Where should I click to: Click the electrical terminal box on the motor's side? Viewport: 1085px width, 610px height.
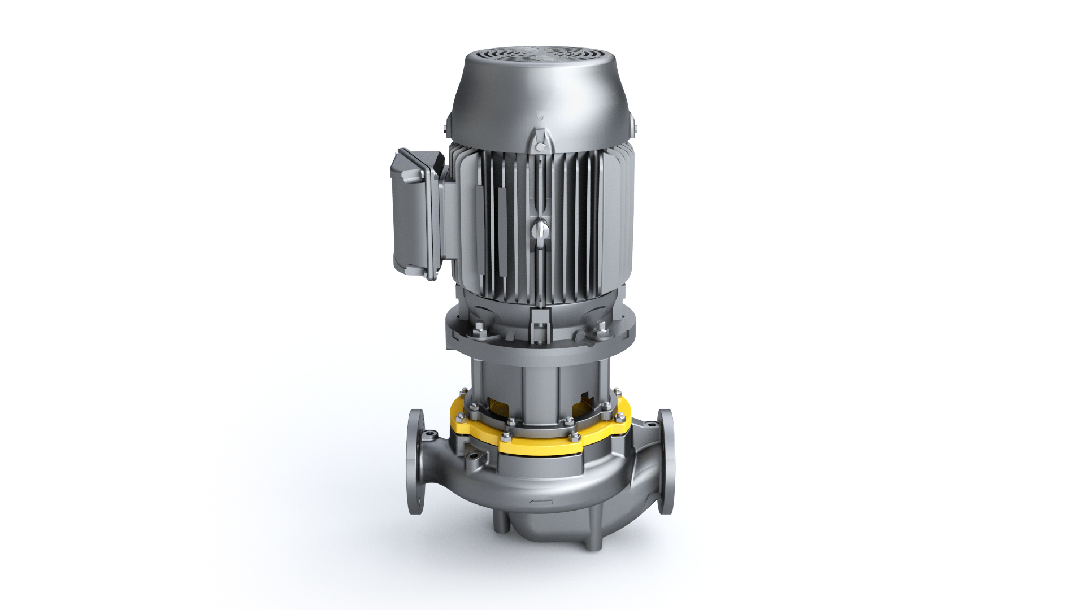pyautogui.click(x=418, y=215)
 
